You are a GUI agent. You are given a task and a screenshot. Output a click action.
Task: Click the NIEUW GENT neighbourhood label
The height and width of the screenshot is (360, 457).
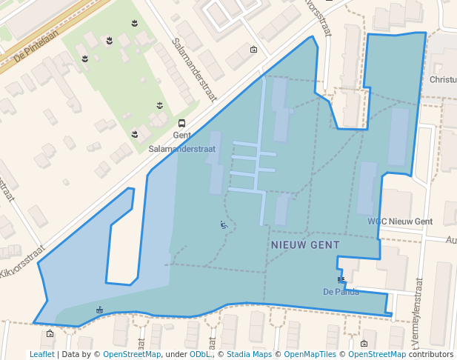pos(305,244)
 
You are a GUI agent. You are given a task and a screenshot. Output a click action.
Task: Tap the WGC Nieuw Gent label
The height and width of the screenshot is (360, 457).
pos(400,221)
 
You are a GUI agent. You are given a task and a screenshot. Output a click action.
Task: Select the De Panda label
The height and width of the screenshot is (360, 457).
pos(341,291)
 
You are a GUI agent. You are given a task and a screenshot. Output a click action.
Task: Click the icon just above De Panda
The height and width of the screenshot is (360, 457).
pos(341,279)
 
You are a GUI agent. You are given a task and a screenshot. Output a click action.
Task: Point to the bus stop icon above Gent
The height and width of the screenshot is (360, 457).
pos(182,123)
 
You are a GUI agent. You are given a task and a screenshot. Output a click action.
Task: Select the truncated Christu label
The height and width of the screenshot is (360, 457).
pos(443,79)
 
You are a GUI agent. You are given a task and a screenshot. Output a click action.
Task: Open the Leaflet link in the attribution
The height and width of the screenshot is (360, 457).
pos(41,354)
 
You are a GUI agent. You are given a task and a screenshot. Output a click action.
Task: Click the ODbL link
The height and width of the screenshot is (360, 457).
pos(199,354)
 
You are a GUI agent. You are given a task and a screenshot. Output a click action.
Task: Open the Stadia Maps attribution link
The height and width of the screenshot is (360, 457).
pos(248,354)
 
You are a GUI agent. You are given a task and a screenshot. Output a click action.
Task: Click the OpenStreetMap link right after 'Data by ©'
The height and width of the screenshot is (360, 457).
pos(132,354)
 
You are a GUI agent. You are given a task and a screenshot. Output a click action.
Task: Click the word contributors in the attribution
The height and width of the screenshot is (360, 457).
pos(431,354)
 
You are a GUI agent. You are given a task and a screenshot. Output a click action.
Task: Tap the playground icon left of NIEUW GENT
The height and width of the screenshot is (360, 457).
pos(224,224)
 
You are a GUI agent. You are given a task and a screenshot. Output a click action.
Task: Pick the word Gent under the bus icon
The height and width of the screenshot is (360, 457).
pos(182,136)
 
